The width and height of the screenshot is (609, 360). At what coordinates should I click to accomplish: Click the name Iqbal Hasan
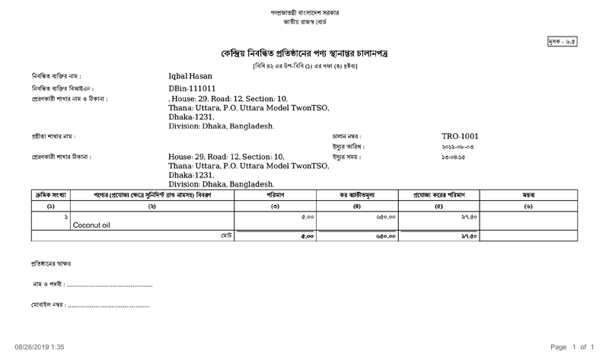pos(190,76)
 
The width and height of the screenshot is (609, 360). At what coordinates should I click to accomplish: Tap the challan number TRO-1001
pos(460,136)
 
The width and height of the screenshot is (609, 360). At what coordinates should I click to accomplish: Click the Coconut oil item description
pos(91,225)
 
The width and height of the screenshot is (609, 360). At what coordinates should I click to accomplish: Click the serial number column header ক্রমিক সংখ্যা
pos(49,195)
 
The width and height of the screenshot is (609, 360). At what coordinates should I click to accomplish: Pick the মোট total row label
pos(226,237)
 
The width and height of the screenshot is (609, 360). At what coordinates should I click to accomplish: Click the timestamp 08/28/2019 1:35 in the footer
pos(40,347)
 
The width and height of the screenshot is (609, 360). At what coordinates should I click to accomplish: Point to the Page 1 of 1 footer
pos(571,347)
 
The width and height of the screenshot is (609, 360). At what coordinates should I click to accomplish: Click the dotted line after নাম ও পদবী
pos(110,285)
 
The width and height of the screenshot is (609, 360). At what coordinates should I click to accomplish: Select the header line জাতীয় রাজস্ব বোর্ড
pos(304,24)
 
